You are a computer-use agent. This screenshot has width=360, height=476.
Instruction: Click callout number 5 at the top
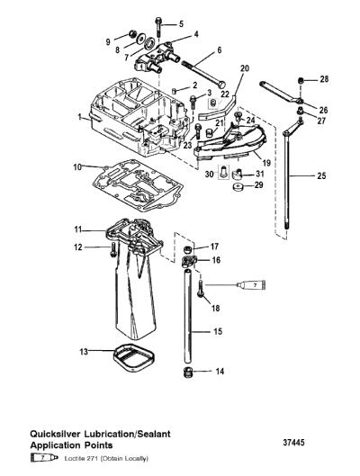181,24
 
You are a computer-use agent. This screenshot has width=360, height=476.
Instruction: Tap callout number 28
324,79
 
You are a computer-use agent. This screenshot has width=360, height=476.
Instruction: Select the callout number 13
84,352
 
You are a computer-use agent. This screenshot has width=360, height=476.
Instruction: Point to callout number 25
321,175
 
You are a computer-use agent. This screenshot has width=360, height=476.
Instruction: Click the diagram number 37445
293,443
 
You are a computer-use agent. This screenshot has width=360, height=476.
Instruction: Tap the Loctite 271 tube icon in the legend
44,458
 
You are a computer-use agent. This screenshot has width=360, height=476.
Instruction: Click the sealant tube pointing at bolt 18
251,284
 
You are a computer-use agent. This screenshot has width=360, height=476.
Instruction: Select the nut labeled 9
132,33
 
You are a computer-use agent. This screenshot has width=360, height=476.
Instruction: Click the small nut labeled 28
301,81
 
